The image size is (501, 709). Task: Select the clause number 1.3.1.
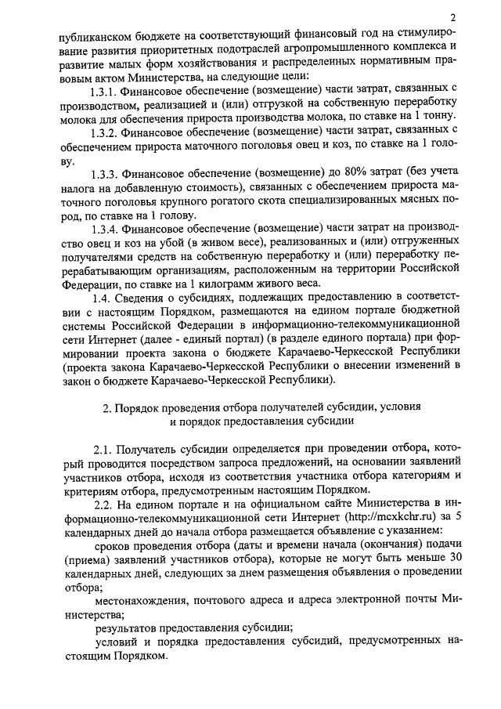click(x=105, y=92)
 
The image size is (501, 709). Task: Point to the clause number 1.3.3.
click(x=105, y=172)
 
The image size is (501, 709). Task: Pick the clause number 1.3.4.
click(x=105, y=228)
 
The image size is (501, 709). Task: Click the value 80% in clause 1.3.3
click(x=332, y=172)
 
